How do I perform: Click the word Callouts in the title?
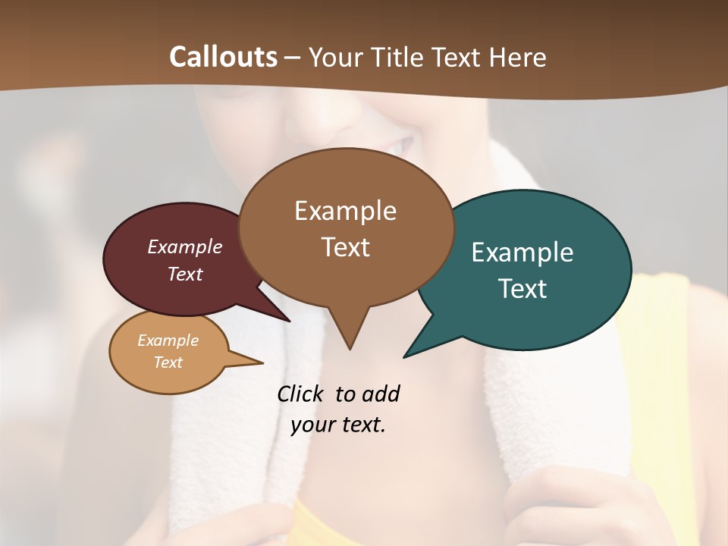(223, 57)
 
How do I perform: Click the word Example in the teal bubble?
(522, 253)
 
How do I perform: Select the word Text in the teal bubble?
(522, 289)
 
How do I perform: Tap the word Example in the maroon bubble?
(185, 246)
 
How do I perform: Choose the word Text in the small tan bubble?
(168, 362)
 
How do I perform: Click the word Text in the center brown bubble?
(346, 247)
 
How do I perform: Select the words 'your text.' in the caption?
(338, 425)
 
